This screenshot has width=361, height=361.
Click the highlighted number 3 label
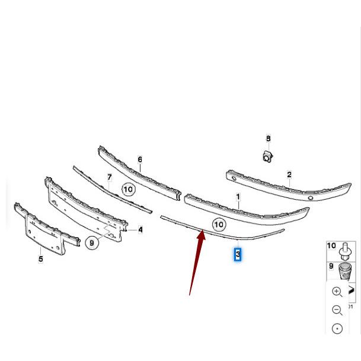pos(238,255)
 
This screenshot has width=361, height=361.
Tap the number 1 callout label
pos(238,196)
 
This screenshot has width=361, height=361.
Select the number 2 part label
pos(289,174)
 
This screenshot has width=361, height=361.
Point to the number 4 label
pos(140,229)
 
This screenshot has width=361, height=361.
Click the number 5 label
pos(41,258)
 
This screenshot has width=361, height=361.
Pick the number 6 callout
pos(140,159)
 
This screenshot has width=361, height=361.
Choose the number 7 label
pos(109,177)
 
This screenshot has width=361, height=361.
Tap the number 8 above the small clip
pos(268,139)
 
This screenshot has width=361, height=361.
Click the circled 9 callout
pos(92,242)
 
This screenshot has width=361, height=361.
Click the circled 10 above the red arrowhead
pos(219,224)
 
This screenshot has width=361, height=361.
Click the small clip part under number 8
pos(267,155)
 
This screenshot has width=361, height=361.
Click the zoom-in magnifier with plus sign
pos(337,291)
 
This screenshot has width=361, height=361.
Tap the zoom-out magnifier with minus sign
pos(337,310)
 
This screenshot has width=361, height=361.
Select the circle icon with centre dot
pos(337,329)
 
